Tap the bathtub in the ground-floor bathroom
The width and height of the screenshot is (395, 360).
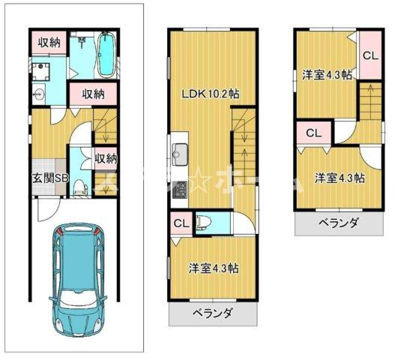coord(105,53)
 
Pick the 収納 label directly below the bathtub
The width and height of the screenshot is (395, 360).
coord(93,94)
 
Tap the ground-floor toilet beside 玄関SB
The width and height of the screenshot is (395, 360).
coord(82,184)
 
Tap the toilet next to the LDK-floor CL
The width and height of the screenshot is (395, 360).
coord(211,223)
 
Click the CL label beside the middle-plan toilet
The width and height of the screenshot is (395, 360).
coord(181,223)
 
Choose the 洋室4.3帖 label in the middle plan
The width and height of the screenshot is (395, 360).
coord(213,268)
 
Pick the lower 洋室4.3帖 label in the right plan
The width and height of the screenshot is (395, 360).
coord(340,178)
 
